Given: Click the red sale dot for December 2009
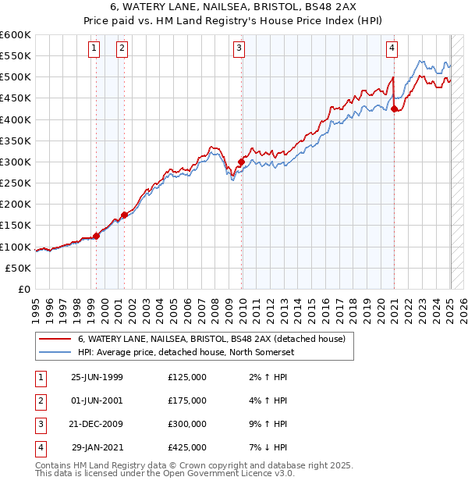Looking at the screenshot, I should click(242, 162).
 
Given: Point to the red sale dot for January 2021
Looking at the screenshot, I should click(395, 109).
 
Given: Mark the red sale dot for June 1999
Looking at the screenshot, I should click(97, 236).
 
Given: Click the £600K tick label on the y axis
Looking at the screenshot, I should click(16, 35).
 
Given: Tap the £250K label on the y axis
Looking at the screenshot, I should click(16, 183).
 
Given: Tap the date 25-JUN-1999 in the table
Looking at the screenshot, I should click(97, 377).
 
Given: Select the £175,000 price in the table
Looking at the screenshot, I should click(187, 400).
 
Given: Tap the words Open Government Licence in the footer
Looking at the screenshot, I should click(232, 474).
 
